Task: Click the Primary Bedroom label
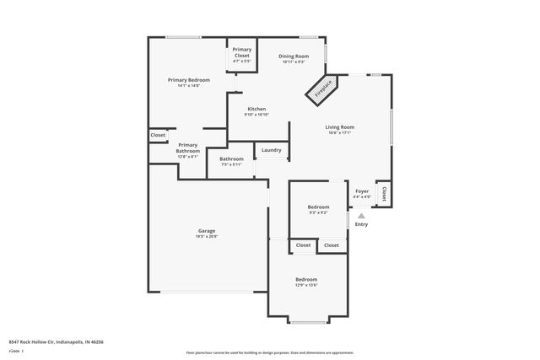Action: point(188,80)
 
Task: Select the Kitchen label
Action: point(256,109)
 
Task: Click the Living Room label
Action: point(340,127)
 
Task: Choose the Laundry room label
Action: point(271,151)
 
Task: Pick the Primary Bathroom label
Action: point(187,148)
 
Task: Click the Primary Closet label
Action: point(242,52)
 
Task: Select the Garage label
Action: point(207,231)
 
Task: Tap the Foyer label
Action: point(361,191)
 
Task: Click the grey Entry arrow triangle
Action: point(361,216)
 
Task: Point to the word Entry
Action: point(361,224)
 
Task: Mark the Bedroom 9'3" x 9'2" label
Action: point(318,207)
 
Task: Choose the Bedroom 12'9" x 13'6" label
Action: point(305,279)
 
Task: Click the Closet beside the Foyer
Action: point(385,194)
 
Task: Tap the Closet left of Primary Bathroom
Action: point(158,135)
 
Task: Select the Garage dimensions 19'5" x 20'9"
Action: point(207,237)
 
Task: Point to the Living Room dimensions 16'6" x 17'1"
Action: point(340,133)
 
